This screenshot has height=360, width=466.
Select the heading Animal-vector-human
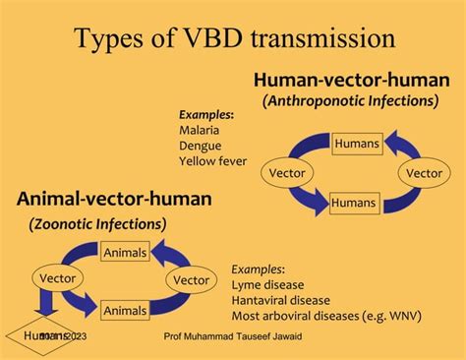click(114, 200)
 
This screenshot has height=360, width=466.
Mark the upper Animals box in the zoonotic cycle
click(125, 252)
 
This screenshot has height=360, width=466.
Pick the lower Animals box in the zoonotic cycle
click(125, 310)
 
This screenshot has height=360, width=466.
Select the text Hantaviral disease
click(281, 300)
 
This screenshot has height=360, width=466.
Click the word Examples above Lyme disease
click(259, 269)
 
